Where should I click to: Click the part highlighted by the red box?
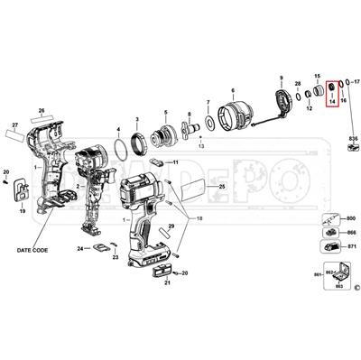(x=331, y=89)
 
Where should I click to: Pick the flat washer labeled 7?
(x=209, y=120)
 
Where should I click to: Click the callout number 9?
(x=281, y=78)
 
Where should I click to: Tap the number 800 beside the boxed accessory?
(x=351, y=219)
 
